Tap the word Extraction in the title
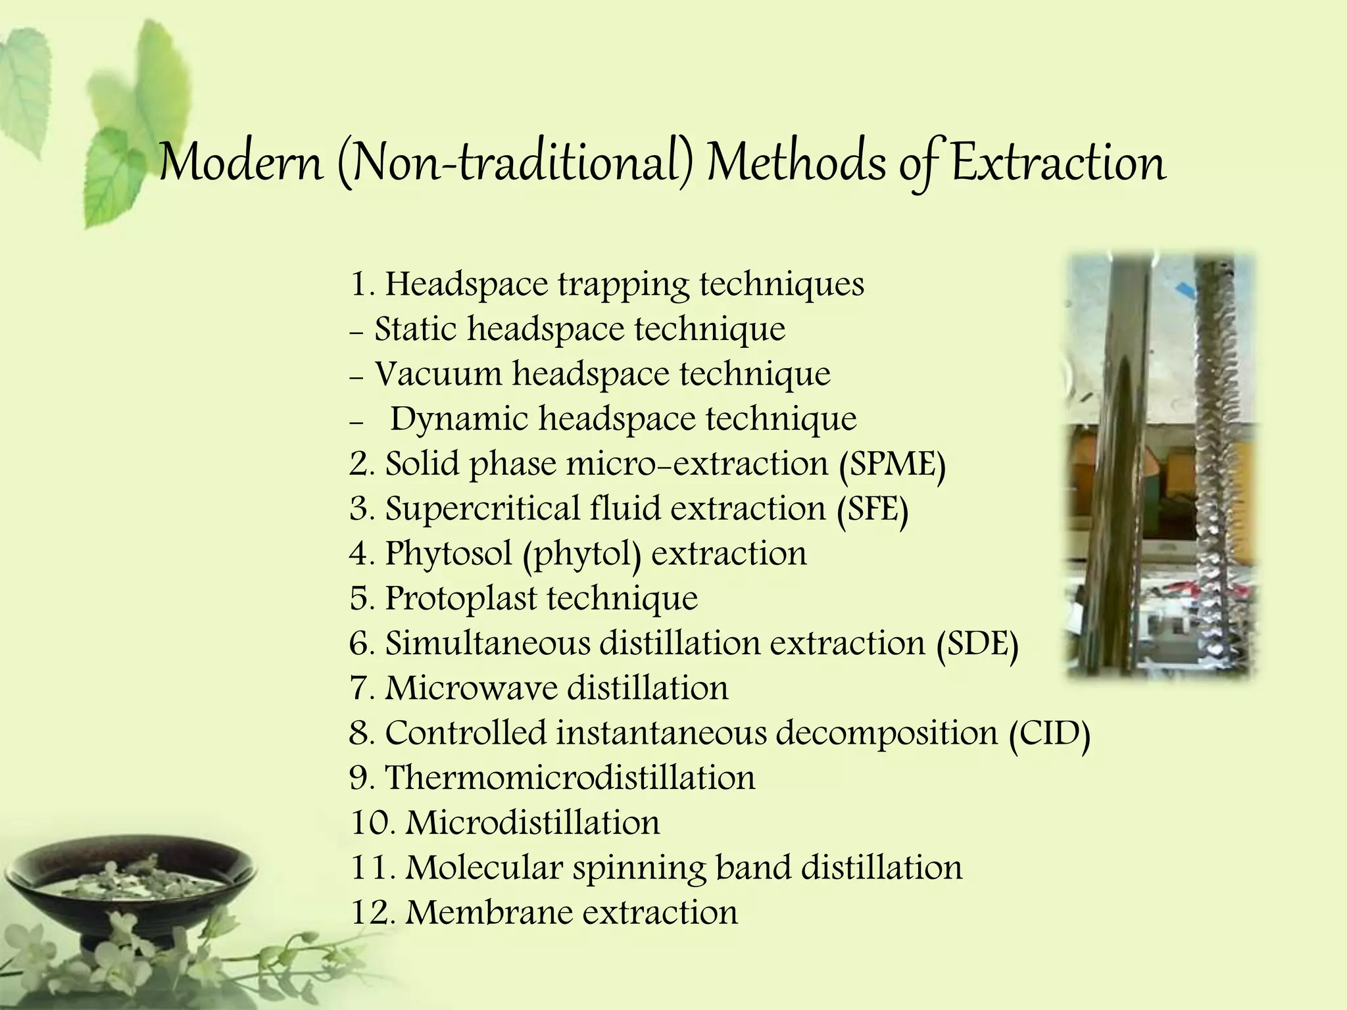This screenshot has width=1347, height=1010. pyautogui.click(x=1058, y=163)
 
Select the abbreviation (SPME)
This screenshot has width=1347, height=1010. pyautogui.click(x=892, y=464)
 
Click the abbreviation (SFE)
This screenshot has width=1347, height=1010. pyautogui.click(x=873, y=509)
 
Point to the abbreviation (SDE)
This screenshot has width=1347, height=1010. pyautogui.click(x=977, y=644)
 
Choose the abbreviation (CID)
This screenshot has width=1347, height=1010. pyautogui.click(x=1050, y=733)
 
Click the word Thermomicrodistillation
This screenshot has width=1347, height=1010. pyautogui.click(x=570, y=778)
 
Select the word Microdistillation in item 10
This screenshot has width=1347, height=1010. pyautogui.click(x=532, y=823)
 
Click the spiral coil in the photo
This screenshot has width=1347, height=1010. pyautogui.click(x=1225, y=460)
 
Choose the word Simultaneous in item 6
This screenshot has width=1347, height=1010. pyautogui.click(x=487, y=644)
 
